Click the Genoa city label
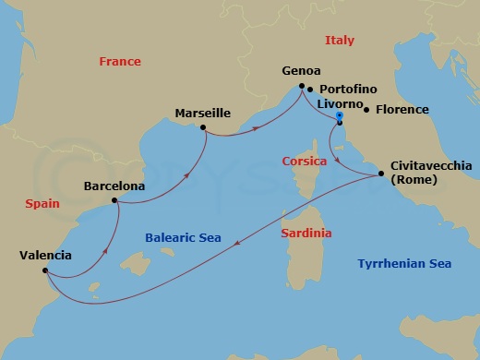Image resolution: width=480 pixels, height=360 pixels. tap(301, 71)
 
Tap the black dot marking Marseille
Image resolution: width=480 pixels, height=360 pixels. tap(202, 128)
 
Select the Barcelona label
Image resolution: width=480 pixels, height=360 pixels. tap(114, 186)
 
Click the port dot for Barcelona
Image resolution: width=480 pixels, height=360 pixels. tap(114, 200)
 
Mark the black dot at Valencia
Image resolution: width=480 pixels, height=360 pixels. tap(44, 270)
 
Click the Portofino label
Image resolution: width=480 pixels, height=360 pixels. tap(348, 90)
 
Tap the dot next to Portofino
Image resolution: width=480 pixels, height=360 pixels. tap(310, 90)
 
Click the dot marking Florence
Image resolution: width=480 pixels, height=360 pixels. tap(367, 110)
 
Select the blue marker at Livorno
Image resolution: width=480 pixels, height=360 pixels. tap(340, 119)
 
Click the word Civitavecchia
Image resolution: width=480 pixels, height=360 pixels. tap(431, 165)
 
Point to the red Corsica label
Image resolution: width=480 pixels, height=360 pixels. tap(305, 161)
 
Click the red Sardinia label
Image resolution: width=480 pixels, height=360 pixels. tap(306, 234)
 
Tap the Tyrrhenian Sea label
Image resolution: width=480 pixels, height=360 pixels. tap(404, 264)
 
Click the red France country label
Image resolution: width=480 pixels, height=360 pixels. tap(120, 62)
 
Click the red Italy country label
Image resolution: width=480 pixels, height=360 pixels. tap(339, 41)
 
